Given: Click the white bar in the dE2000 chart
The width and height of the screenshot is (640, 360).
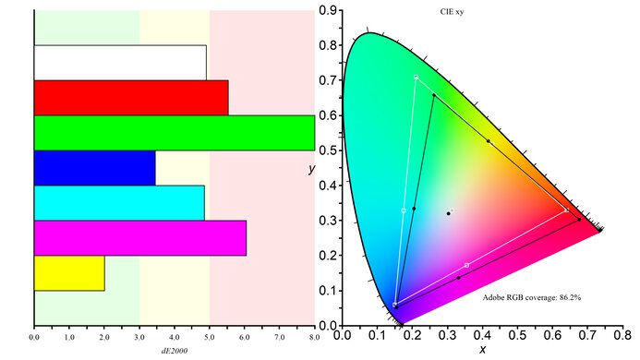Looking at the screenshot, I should (120, 62).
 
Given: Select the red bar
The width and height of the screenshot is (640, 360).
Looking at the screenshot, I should (130, 97).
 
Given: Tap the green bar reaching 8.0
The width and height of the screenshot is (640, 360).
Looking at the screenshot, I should (174, 132).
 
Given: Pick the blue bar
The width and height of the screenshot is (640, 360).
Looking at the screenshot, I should (94, 167).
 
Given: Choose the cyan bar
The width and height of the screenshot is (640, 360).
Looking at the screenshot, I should (119, 202).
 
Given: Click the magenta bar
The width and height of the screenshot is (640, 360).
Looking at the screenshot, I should (139, 237).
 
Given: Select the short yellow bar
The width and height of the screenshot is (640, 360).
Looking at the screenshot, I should (69, 272).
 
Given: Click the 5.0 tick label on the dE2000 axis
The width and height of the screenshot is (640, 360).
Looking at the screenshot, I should (210, 337).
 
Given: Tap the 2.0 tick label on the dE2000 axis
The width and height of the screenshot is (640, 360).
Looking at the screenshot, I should (104, 337).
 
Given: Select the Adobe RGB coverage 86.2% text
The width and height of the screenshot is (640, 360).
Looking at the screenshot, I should (531, 298).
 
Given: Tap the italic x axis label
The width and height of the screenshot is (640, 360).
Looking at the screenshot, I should (482, 350).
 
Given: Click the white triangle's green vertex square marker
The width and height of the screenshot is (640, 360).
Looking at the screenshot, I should (417, 77).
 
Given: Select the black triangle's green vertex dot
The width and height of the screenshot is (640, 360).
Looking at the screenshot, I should (434, 94).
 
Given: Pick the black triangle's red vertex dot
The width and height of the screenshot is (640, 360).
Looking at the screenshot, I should (579, 220).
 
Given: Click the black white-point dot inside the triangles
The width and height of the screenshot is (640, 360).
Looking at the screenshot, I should (449, 213).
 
